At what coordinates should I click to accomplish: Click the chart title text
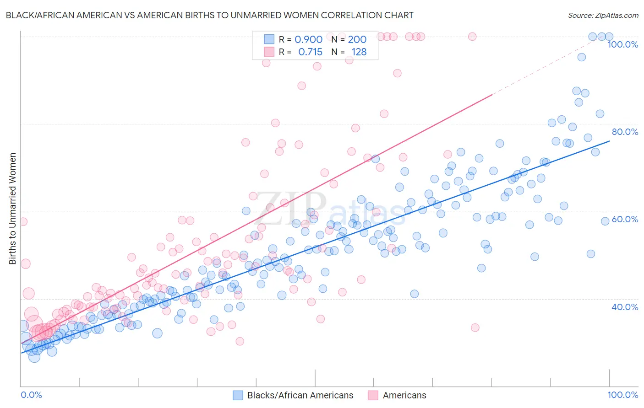[x=209, y=15]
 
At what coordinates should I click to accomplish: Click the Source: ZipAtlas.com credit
[x=603, y=15]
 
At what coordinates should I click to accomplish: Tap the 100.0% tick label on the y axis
[x=622, y=44]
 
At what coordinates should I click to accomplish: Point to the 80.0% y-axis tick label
[x=625, y=132]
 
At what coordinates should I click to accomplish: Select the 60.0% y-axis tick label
[x=625, y=219]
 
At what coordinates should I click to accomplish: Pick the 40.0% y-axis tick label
[x=625, y=307]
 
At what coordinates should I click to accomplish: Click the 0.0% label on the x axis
[x=31, y=395]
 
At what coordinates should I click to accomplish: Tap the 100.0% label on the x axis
[x=622, y=395]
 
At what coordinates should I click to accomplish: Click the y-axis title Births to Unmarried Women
[x=12, y=209]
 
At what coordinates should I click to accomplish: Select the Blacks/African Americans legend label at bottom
[x=300, y=395]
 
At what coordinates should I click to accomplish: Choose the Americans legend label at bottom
[x=404, y=395]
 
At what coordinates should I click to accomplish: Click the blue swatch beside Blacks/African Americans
[x=238, y=395]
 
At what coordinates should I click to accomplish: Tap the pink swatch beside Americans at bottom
[x=373, y=395]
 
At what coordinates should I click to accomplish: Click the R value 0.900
[x=308, y=40]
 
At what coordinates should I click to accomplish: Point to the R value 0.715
[x=310, y=52]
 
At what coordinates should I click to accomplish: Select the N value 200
[x=357, y=40]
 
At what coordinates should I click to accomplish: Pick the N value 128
[x=359, y=52]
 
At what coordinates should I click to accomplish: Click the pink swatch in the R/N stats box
[x=269, y=52]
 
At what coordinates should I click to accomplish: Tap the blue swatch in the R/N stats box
[x=269, y=40]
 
